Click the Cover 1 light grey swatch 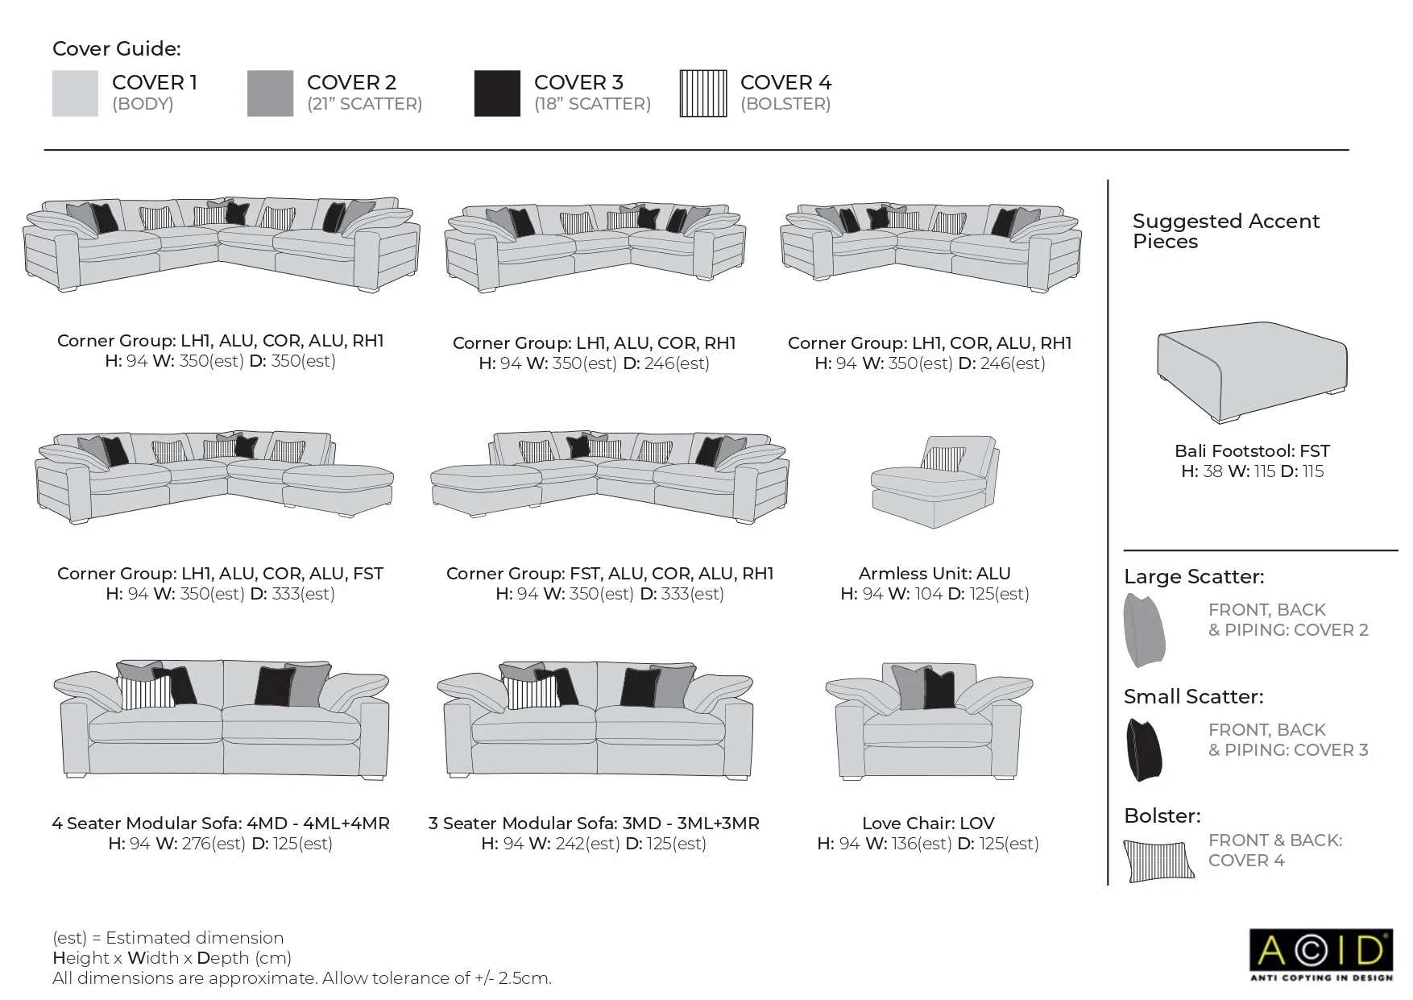click(75, 93)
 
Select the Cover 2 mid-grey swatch click(270, 93)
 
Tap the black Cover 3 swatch click(497, 93)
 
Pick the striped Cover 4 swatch click(703, 93)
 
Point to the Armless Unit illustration click(935, 483)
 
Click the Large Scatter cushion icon click(1145, 631)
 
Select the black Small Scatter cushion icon click(1145, 749)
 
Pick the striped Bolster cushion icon click(1158, 861)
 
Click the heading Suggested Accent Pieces click(1225, 231)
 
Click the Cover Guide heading click(117, 48)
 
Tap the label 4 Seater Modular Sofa click(220, 823)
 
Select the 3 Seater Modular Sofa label click(594, 823)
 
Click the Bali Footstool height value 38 click(1212, 471)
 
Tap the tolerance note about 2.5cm click(302, 978)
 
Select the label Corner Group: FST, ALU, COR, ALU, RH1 click(610, 574)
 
